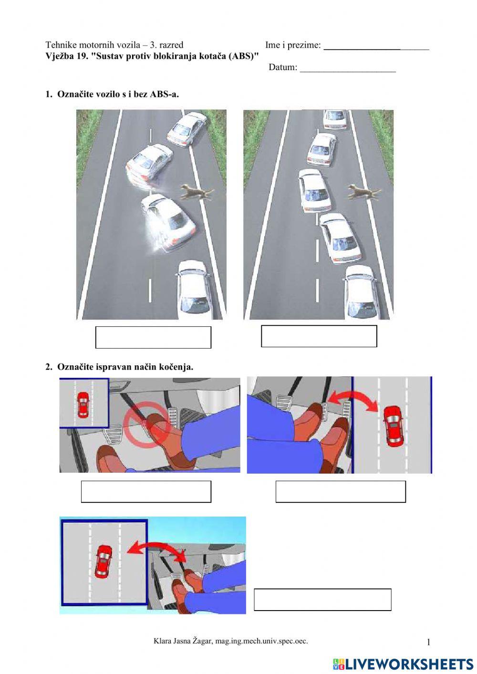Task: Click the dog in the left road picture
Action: (197, 192)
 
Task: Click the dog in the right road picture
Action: (364, 192)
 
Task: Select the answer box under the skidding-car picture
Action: (153, 337)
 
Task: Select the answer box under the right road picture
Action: (319, 336)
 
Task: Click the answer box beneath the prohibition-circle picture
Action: (146, 491)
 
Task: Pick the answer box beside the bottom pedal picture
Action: (322, 600)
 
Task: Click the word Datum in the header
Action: (282, 67)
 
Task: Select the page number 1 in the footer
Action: (428, 642)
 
